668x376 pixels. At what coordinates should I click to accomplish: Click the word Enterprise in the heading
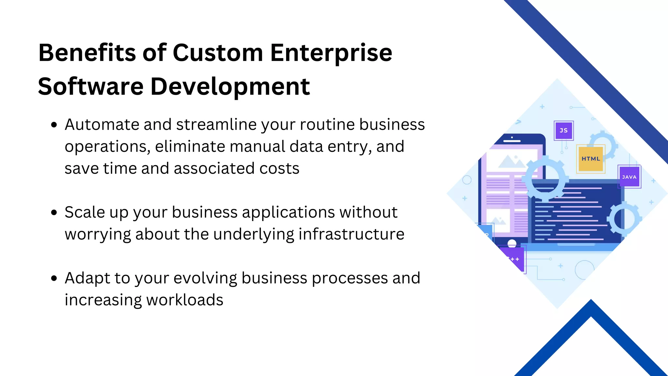pos(331,53)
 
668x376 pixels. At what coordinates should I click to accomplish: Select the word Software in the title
pos(91,86)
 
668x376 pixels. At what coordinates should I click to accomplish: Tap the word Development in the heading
pos(230,87)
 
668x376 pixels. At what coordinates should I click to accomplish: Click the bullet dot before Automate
pos(54,125)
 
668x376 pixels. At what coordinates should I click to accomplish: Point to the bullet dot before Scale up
pos(54,213)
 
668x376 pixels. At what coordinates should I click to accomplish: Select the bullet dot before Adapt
pos(54,278)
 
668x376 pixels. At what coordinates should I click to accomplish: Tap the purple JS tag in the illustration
pos(564,131)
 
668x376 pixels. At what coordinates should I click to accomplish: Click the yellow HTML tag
pos(591,159)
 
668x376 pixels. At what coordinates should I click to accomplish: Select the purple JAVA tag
pos(629,177)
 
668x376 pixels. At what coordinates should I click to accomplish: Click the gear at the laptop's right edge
pos(624,219)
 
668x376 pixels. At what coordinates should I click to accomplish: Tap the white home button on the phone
pos(512,243)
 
